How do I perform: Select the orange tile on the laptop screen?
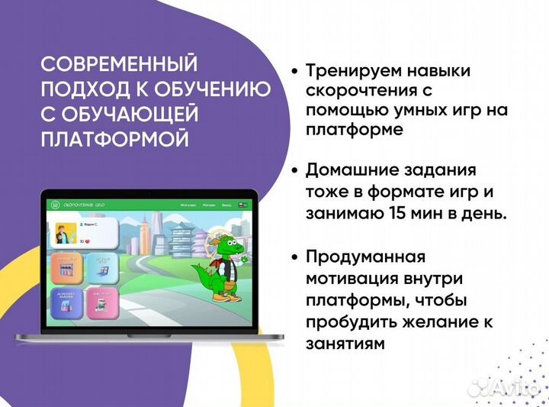click(66, 270)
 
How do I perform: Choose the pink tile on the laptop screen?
click(101, 303)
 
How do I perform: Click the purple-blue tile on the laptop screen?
click(66, 303)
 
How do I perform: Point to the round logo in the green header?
click(54, 205)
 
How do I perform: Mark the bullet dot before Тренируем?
click(294, 71)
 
